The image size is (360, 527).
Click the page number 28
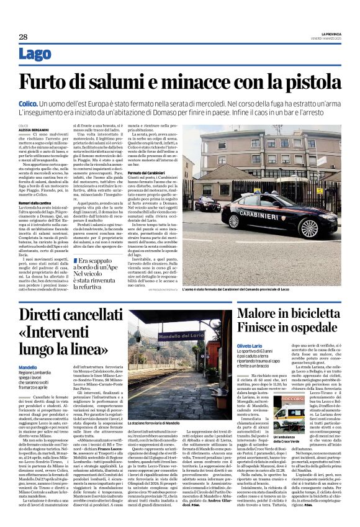(x=23, y=37)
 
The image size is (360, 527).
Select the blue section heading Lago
(x=35, y=54)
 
